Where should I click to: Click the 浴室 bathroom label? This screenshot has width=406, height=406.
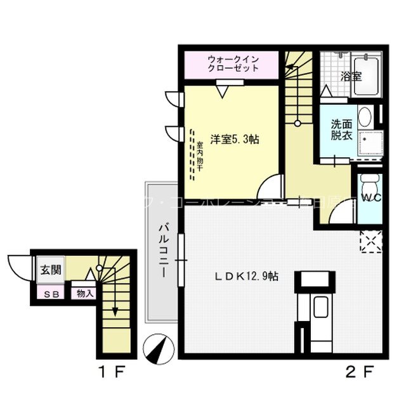coord(351,76)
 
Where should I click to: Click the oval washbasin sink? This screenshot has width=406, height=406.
coord(365,117)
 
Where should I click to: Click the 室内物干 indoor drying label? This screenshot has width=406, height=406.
coord(199,153)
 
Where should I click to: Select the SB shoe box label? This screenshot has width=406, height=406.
coord(49,294)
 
